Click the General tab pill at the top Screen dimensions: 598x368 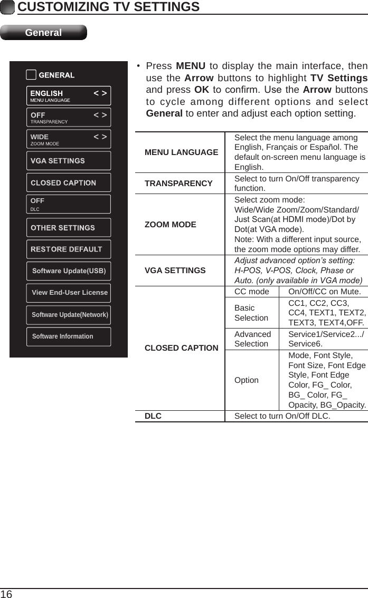tap(43, 33)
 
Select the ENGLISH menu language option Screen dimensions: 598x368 tap(68, 96)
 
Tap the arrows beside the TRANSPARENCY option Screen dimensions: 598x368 tap(100, 115)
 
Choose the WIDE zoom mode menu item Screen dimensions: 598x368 tap(68, 139)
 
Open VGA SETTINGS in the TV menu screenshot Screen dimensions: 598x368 tap(68, 161)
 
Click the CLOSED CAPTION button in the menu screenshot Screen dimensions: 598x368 tap(68, 183)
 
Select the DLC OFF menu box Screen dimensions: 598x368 tap(68, 204)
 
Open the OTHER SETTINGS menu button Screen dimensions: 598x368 tap(68, 228)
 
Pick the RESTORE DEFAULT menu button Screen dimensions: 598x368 tap(68, 249)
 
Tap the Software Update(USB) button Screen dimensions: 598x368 tap(69, 271)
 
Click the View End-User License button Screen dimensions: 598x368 tap(69, 293)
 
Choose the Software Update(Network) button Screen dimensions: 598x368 tap(69, 315)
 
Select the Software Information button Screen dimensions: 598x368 tap(69, 336)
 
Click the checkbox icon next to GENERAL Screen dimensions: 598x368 tap(31, 75)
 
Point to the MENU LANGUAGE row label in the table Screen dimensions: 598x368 tap(181, 152)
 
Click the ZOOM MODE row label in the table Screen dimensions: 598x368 tap(170, 225)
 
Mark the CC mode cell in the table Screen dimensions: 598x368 tap(251, 292)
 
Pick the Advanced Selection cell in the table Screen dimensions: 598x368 tap(252, 339)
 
